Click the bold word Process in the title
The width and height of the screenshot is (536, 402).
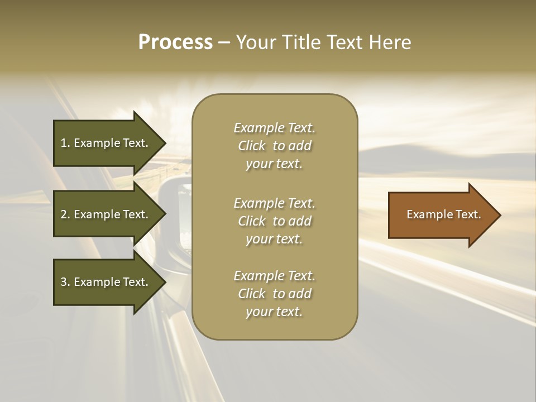coord(175,42)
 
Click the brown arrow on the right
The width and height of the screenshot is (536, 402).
coord(441,214)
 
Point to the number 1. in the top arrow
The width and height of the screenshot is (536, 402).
coord(65,143)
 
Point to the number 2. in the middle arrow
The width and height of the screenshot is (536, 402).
coord(65,214)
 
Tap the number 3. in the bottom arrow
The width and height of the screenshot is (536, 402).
coord(65,282)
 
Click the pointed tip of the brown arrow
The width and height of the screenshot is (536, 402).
coord(498,215)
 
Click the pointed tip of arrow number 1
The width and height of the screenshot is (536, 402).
coord(164,143)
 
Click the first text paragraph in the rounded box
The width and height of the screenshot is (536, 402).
coord(274,146)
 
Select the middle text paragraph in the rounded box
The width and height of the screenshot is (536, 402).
coord(274,221)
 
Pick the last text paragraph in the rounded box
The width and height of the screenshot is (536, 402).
coord(274,294)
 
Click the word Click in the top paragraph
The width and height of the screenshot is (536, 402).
coord(252,146)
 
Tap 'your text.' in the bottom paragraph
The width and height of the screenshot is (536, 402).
coord(274,312)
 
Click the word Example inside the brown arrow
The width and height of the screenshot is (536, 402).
coord(426,214)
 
